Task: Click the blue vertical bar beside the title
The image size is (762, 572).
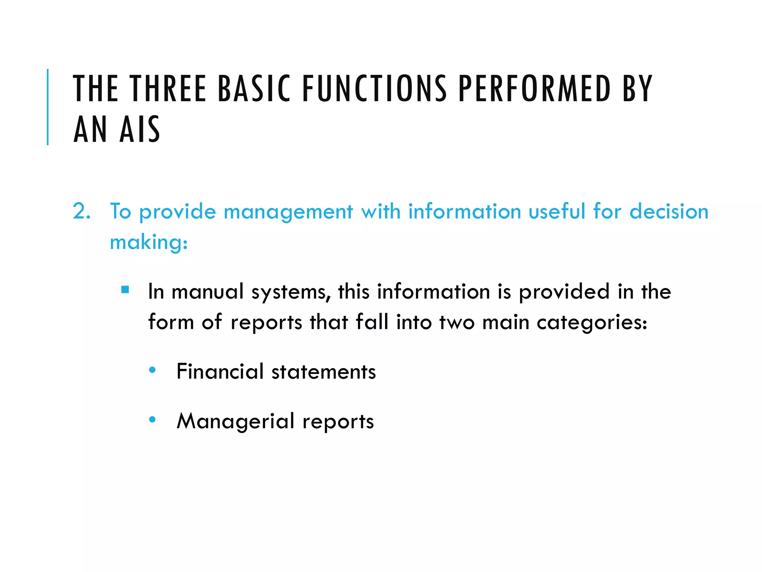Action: point(48,107)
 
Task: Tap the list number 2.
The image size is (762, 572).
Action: point(81,211)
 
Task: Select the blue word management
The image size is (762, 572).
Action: point(288,212)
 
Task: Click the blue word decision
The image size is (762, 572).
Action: point(669,211)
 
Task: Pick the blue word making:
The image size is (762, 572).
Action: point(149,242)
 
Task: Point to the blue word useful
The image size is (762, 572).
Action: point(557,211)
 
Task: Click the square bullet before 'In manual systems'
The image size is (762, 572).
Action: point(125,289)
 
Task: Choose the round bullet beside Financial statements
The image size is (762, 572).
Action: point(152,370)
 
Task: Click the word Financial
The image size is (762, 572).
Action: point(220,371)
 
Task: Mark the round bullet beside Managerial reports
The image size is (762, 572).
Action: point(152,420)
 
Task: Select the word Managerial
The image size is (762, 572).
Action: point(236,421)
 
